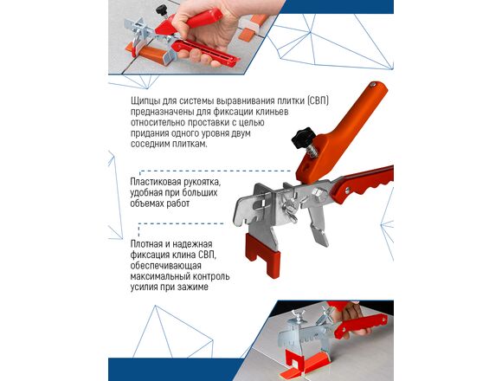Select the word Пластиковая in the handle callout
tap(156, 182)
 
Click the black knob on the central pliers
tap(301, 137)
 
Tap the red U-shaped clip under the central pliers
tap(262, 255)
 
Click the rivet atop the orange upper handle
tap(373, 85)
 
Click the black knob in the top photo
tap(162, 10)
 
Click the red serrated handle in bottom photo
tap(360, 325)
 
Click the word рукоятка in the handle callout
tap(202, 182)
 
